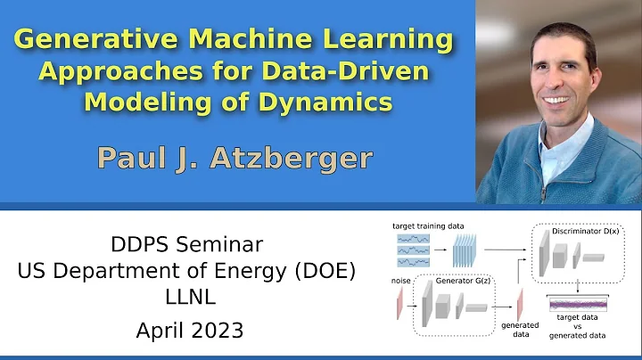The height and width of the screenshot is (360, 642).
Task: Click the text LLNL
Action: click(190, 300)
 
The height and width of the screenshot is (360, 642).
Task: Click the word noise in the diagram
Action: click(402, 281)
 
